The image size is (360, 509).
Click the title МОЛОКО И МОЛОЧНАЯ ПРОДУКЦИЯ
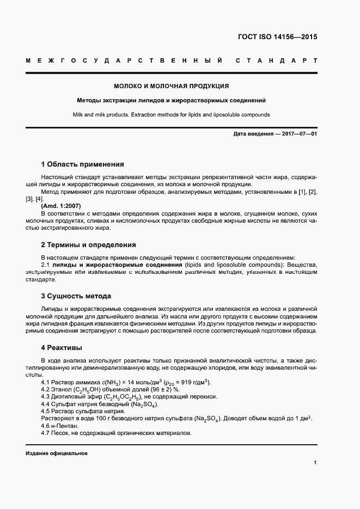[x=171, y=86]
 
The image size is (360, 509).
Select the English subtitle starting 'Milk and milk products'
[x=171, y=115]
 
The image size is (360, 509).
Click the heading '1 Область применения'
[x=82, y=164]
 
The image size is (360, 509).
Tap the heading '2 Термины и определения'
[x=88, y=245]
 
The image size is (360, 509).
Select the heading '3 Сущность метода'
[x=76, y=296]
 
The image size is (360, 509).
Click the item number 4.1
[x=46, y=382]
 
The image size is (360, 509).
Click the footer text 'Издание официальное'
[x=57, y=453]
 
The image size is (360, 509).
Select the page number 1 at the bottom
[x=315, y=463]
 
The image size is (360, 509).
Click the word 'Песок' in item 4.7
[x=63, y=433]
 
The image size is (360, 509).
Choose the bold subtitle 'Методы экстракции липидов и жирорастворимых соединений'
[x=171, y=101]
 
